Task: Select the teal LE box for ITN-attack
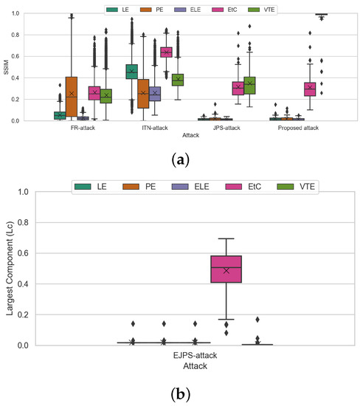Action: coord(131,72)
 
